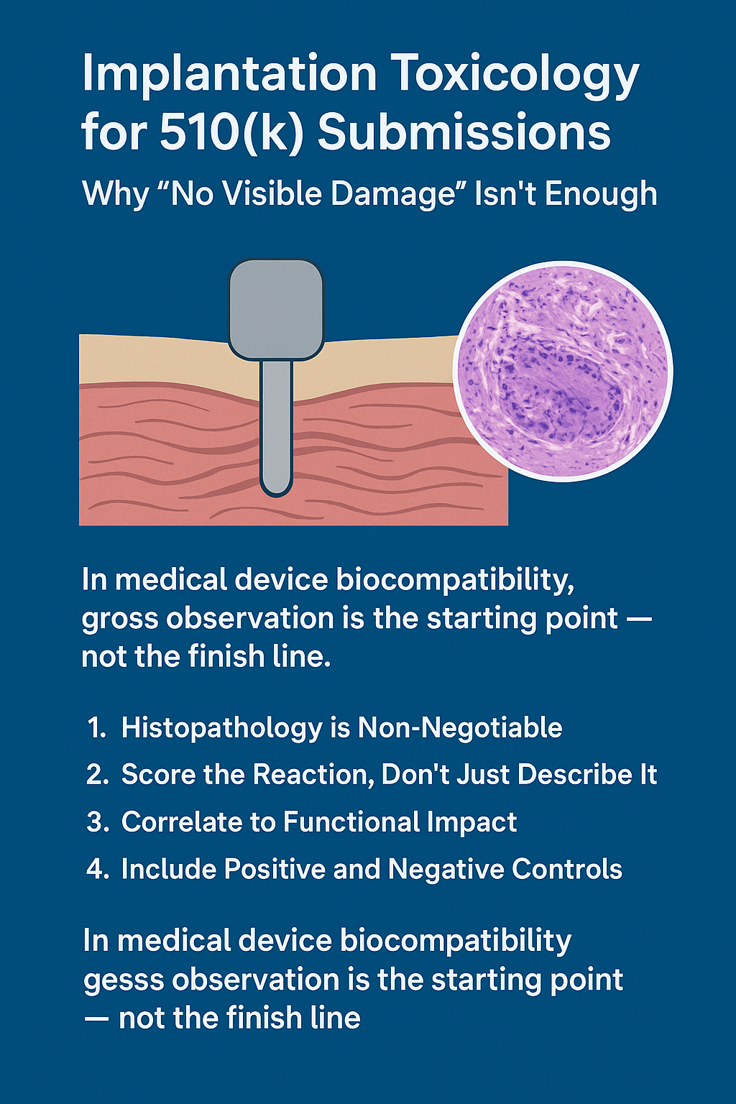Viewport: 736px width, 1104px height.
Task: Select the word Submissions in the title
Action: coord(464,132)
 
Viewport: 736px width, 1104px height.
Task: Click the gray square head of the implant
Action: coord(276,310)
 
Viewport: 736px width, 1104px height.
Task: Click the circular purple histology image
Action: coord(563,371)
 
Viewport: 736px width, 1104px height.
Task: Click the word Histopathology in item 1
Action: coord(222,728)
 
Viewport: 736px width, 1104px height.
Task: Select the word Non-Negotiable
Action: coord(460,727)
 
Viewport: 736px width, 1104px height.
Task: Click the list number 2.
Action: coord(96,774)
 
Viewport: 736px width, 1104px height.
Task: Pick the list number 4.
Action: coord(97,869)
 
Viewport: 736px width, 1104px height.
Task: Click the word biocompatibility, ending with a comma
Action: coord(455,580)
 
